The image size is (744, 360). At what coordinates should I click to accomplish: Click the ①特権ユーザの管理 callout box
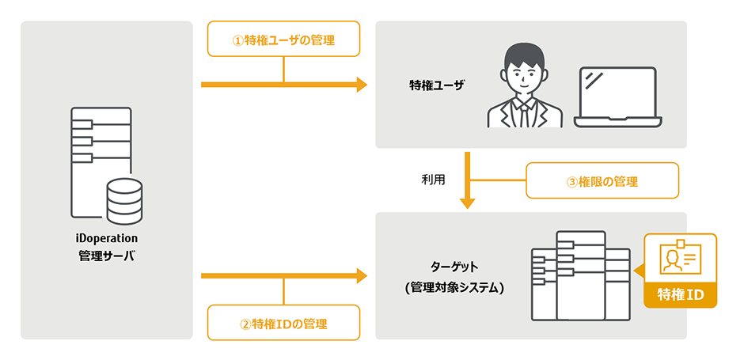point(283,39)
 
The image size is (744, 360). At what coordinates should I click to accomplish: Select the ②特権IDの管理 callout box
point(283,323)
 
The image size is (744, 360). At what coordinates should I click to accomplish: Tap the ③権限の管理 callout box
point(602,180)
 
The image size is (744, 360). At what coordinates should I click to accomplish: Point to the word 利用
point(433,180)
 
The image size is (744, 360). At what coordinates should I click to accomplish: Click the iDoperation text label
point(107,237)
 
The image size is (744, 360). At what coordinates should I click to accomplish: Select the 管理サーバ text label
point(107,254)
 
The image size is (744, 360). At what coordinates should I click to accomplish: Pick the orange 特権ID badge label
point(681,294)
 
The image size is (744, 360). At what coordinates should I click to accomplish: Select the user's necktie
point(524,115)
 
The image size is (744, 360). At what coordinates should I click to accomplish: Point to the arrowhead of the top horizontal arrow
point(363,84)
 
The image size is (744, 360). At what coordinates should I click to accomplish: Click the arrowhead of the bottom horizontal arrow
point(363,275)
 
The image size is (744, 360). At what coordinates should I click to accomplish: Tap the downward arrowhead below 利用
point(468,203)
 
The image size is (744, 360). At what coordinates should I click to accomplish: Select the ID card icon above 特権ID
point(681,258)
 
